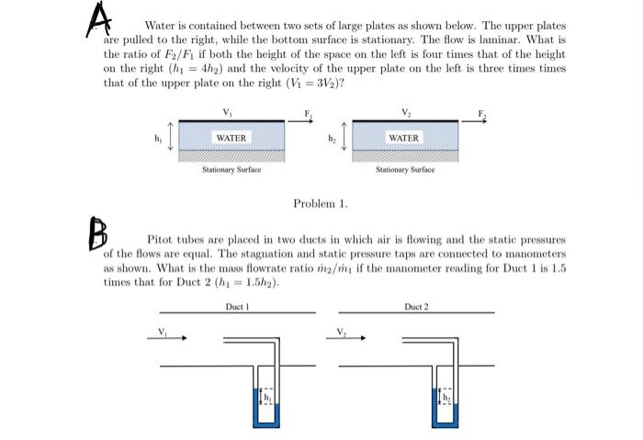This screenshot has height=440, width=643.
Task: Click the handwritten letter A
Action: (98, 20)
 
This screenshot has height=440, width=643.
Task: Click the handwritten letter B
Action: (97, 232)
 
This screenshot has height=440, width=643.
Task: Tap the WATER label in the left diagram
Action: (231, 138)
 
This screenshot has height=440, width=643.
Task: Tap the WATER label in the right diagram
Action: (403, 138)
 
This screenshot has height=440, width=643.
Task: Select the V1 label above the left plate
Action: (228, 112)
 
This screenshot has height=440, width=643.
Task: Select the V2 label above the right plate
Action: (404, 112)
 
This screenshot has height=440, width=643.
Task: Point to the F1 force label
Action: (309, 114)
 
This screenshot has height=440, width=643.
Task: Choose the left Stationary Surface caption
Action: (231, 170)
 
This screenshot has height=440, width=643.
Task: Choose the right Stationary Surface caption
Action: (405, 170)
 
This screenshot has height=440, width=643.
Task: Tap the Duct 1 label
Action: (237, 306)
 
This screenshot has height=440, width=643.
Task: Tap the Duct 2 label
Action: (416, 306)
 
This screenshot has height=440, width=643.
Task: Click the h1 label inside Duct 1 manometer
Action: (267, 397)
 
